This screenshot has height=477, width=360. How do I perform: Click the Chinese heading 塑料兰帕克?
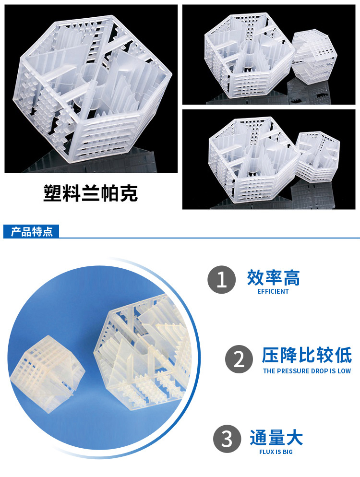pyautogui.click(x=90, y=193)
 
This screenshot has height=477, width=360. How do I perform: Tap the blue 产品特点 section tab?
pyautogui.click(x=31, y=231)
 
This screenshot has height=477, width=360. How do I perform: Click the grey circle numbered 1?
pyautogui.click(x=222, y=280)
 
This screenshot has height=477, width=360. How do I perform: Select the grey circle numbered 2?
pyautogui.click(x=239, y=359)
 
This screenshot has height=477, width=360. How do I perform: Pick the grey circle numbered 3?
pyautogui.click(x=227, y=439)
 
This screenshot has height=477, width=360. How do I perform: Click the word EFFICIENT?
pyautogui.click(x=273, y=291)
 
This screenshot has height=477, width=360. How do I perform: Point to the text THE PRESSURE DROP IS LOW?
pyautogui.click(x=307, y=371)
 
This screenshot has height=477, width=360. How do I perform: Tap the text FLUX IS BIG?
pyautogui.click(x=276, y=452)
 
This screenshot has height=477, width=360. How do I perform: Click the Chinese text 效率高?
pyautogui.click(x=273, y=277)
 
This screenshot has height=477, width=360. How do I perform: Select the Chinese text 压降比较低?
pyautogui.click(x=307, y=355)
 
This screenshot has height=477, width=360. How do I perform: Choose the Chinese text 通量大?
pyautogui.click(x=276, y=438)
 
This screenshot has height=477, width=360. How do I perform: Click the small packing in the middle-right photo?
pyautogui.click(x=318, y=157)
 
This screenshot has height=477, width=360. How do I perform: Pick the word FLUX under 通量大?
pyautogui.click(x=266, y=452)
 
